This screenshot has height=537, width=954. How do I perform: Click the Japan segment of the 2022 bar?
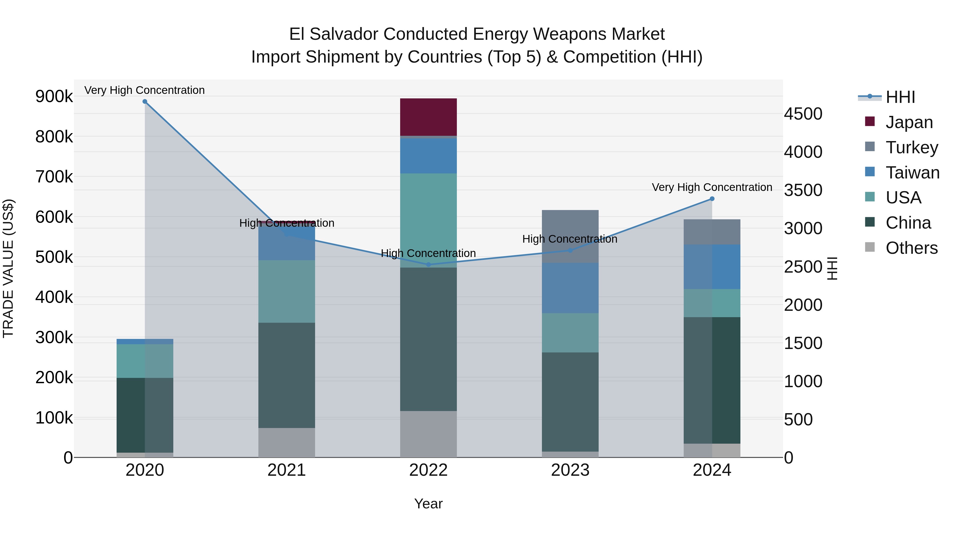point(428,117)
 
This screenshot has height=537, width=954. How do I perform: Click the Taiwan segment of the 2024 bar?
point(712,267)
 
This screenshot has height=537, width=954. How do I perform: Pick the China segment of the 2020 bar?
point(145,415)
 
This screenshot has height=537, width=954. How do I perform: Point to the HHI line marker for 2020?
point(145,102)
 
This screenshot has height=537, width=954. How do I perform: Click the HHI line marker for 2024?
point(712,199)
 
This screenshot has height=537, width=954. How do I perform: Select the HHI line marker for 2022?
point(429,265)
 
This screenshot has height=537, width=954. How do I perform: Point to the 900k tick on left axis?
point(54,97)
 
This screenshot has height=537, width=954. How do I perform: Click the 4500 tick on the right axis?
point(803,114)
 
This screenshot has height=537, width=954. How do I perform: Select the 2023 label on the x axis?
point(570,470)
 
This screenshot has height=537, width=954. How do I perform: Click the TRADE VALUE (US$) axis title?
point(8,268)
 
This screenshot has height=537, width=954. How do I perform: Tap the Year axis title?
point(428,504)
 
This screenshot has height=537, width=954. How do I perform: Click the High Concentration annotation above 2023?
point(569,239)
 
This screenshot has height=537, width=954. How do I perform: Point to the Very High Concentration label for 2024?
point(712,187)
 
